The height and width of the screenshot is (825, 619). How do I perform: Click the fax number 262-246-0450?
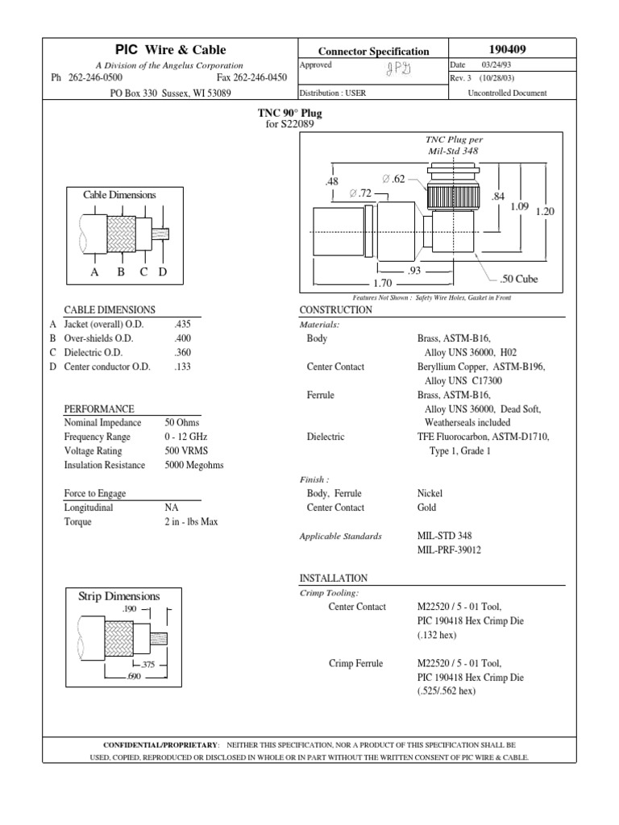[x=252, y=78]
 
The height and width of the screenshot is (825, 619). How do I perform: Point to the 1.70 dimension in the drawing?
[x=381, y=284]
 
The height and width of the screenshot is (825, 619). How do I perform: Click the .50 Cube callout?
[x=518, y=279]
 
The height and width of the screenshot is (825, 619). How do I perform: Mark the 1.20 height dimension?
[x=546, y=211]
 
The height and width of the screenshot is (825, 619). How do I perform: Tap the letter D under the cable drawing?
[x=162, y=272]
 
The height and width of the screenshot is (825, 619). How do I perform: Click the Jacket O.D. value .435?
[x=181, y=325]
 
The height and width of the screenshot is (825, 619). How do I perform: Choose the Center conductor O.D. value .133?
[x=181, y=367]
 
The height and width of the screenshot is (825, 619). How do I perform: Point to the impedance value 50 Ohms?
[x=182, y=423]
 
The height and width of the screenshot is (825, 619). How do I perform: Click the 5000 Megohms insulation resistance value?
[x=194, y=465]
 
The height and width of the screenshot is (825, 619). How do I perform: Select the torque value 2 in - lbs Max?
[x=191, y=521]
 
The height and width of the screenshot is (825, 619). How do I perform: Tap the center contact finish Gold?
[x=426, y=508]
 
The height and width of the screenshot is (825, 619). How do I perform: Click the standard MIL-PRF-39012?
[x=449, y=550]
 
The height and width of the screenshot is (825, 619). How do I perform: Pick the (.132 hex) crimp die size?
[x=437, y=636]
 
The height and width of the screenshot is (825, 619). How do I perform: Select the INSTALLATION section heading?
[x=333, y=578]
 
